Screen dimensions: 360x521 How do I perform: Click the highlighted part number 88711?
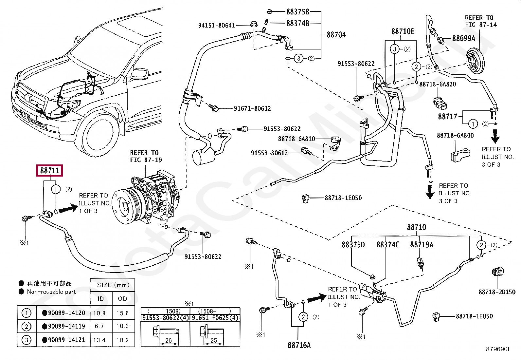tap(50, 171)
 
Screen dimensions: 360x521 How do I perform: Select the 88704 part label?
tap(336, 35)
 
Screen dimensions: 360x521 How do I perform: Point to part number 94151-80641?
tap(216, 25)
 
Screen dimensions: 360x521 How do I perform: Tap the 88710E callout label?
tap(403, 31)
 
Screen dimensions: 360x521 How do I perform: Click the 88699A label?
tap(463, 38)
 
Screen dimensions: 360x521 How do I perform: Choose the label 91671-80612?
tap(252, 108)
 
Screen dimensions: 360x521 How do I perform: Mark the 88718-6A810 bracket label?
tap(296, 139)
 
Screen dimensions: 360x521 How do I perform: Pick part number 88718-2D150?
tap(497, 292)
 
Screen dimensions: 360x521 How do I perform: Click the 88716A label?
tap(299, 345)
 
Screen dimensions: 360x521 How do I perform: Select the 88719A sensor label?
tap(422, 245)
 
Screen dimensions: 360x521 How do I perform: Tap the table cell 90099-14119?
tap(66, 326)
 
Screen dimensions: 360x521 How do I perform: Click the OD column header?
tap(122, 298)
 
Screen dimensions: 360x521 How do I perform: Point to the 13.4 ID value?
tap(99, 340)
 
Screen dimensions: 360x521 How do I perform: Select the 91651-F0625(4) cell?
tap(215, 318)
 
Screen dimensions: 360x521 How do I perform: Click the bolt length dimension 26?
tap(169, 340)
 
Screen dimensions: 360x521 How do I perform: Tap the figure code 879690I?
tap(497, 349)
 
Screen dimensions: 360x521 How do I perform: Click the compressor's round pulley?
tap(125, 205)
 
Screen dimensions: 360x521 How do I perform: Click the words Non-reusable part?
tap(51, 292)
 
